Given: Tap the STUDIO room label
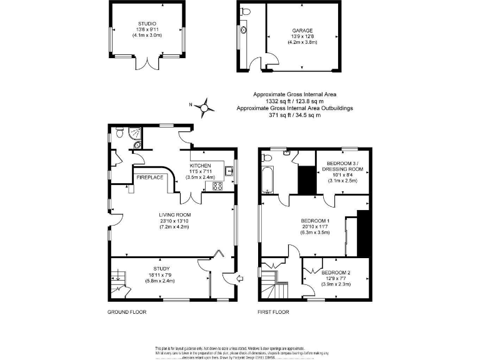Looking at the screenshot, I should [x=147, y=24].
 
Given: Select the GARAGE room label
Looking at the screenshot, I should [x=302, y=30].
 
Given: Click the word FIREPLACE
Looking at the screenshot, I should [x=150, y=177].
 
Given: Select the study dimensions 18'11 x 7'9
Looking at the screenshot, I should [x=149, y=275].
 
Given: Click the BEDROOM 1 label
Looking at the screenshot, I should [x=315, y=221].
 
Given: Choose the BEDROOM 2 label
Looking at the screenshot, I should [x=336, y=272].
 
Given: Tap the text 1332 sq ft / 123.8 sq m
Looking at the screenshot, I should [x=294, y=101].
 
